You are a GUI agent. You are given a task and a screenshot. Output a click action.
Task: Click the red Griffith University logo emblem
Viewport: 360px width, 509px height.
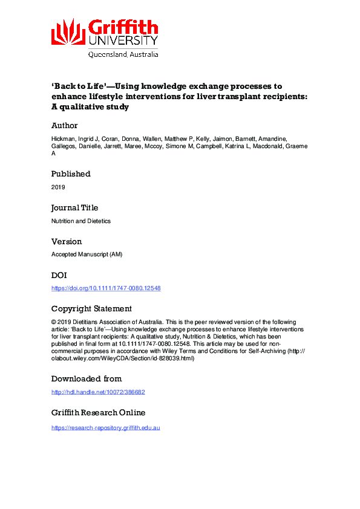click(x=68, y=31)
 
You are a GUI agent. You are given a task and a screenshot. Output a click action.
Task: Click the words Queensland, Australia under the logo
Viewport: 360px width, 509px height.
click(x=123, y=54)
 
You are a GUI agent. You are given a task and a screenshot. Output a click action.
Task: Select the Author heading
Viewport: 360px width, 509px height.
click(x=64, y=126)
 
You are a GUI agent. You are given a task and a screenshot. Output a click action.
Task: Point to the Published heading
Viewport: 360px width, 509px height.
click(x=70, y=173)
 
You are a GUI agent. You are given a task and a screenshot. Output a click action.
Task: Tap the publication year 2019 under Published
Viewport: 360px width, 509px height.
click(x=58, y=187)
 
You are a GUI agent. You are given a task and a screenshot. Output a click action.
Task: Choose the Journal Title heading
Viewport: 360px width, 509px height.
click(x=75, y=207)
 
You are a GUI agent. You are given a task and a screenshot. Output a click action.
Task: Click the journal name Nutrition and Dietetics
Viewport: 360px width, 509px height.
click(x=81, y=221)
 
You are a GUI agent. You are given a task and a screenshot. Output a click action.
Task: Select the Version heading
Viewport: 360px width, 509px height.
click(x=67, y=241)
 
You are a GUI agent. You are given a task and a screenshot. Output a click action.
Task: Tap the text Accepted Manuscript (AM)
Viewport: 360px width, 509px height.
click(x=87, y=254)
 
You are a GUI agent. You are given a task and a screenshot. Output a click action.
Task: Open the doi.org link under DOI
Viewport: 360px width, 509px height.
click(x=106, y=288)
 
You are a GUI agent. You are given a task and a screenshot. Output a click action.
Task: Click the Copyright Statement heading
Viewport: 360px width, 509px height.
click(x=91, y=308)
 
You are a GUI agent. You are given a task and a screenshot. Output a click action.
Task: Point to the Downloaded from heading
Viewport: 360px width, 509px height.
click(x=87, y=378)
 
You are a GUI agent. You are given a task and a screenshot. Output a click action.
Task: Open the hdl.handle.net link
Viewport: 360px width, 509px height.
click(x=98, y=392)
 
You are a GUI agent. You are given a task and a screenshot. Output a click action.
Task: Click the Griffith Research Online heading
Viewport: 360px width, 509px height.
click(x=98, y=413)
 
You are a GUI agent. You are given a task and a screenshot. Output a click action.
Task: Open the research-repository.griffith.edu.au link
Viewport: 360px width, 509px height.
click(x=105, y=427)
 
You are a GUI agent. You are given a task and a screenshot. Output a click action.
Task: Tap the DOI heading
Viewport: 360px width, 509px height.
click(x=59, y=274)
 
